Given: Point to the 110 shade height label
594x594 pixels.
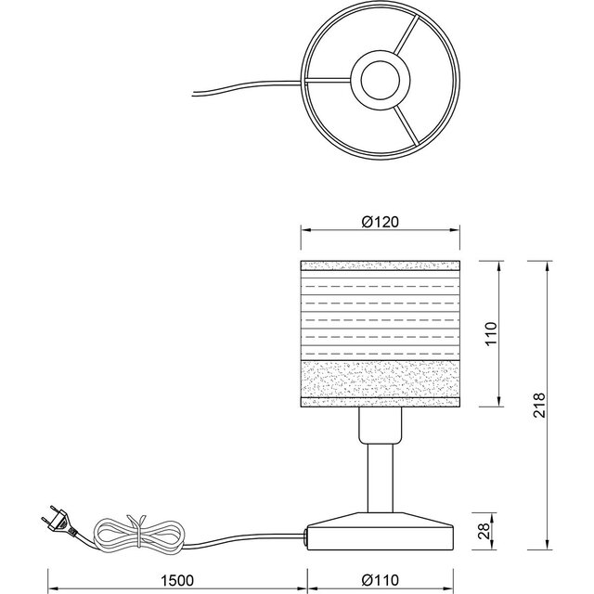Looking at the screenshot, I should click(x=491, y=333).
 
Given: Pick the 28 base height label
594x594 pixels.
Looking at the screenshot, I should click(x=491, y=532).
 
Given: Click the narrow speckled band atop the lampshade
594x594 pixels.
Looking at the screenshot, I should click(x=381, y=268).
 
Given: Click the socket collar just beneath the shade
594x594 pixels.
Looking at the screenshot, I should click(x=381, y=425).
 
